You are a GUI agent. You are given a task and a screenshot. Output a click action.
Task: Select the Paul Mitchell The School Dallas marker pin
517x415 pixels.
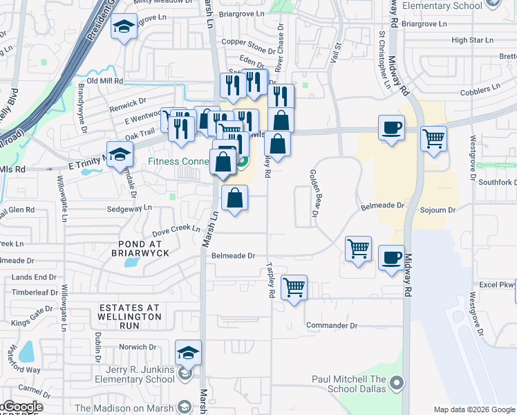click(x=396, y=382)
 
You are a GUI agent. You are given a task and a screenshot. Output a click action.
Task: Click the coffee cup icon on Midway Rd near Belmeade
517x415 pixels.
click(x=393, y=258)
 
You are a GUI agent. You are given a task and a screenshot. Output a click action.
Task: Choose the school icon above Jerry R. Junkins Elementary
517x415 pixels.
click(x=188, y=353)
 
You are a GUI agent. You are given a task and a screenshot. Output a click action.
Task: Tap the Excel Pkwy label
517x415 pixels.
click(x=497, y=284)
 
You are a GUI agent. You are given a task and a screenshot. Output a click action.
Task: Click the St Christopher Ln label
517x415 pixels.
click(x=382, y=61)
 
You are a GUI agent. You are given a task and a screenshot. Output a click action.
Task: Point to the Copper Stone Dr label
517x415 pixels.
click(x=248, y=41)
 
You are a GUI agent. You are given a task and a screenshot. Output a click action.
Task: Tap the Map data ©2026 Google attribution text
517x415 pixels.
click(x=474, y=409)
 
